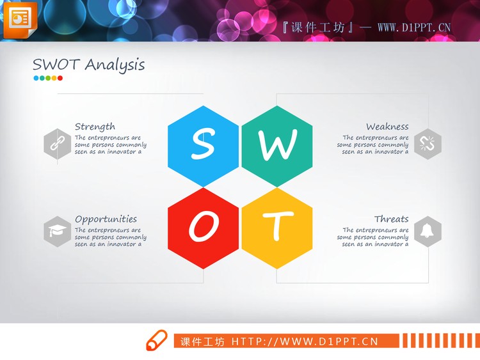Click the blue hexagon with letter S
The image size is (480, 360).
point(203,146)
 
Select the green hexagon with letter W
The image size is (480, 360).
point(277,146)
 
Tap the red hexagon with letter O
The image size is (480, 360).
point(203,228)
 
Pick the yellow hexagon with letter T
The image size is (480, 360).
point(277,228)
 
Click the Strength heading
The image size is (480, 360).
point(95,127)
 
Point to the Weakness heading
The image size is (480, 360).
point(387,127)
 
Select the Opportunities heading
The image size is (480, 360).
point(106,219)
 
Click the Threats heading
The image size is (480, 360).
point(391,219)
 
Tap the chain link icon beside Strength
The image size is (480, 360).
point(58,143)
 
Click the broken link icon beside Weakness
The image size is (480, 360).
point(428,143)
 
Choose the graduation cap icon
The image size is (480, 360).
point(58,231)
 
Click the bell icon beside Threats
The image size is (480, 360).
point(428,231)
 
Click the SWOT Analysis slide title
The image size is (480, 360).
point(88,65)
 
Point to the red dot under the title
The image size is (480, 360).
point(60,79)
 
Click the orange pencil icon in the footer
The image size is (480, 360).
point(156,341)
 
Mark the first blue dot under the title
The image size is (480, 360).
point(36,79)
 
